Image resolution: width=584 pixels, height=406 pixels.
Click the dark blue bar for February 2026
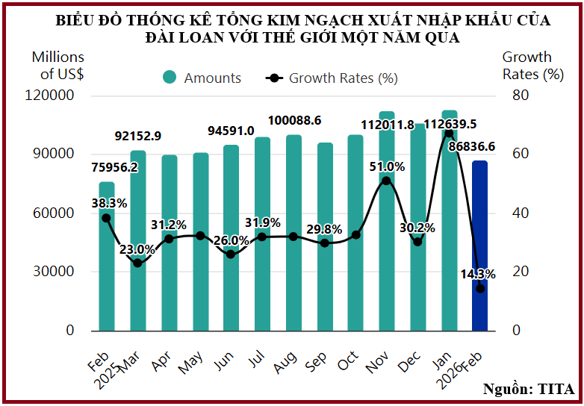[479, 246]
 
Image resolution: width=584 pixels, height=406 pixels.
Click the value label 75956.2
[115, 167]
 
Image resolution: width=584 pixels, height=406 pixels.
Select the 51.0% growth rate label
[387, 166]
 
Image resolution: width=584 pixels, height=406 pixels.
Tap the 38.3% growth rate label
[109, 202]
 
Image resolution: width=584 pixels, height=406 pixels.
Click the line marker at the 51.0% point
[386, 181]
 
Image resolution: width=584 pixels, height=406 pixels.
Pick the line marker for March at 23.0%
[137, 263]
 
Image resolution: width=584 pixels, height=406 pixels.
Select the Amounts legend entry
[202, 78]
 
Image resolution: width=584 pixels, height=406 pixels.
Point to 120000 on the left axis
[52, 96]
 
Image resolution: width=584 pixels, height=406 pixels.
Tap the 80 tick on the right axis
[520, 96]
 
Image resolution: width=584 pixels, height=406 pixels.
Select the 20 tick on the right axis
[520, 272]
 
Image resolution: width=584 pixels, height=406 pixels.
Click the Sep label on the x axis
[317, 361]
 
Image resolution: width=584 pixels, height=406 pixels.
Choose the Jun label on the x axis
[225, 361]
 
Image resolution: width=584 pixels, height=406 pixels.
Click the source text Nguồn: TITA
[529, 389]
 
